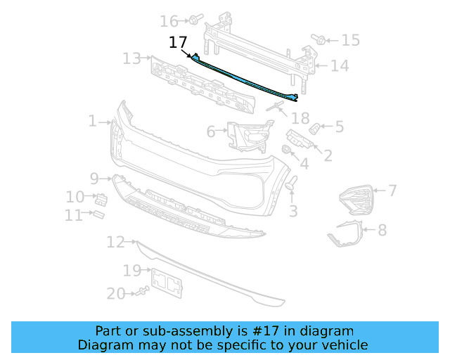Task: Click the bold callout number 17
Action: tap(178, 43)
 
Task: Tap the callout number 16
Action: tap(169, 21)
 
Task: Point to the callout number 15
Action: tap(350, 40)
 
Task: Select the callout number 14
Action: tap(340, 66)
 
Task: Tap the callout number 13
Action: tap(131, 58)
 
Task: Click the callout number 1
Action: tap(92, 122)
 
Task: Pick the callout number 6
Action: tap(211, 131)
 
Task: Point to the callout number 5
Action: tap(339, 127)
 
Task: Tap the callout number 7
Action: tap(392, 190)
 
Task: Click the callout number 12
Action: tap(115, 243)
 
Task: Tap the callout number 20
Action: tap(115, 293)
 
